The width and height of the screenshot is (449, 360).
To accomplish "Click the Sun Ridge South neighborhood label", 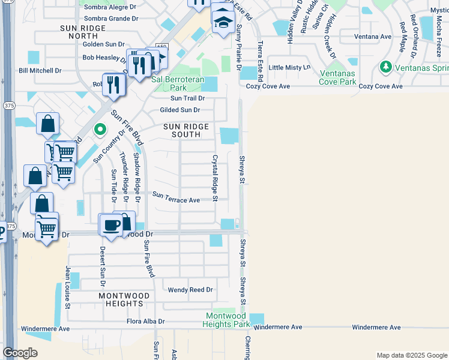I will (186, 131).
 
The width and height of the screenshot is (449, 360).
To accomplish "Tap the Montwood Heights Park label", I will (227, 320).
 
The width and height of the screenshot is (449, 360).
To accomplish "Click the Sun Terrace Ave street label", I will (176, 197).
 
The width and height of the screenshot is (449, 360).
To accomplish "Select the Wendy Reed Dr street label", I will (190, 290).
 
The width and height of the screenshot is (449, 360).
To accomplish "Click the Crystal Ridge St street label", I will (214, 178).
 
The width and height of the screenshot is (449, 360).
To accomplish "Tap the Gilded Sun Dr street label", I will (179, 110).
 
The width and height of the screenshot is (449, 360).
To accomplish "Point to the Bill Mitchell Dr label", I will (40, 71).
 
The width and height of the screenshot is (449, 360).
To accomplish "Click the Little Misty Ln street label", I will (289, 68).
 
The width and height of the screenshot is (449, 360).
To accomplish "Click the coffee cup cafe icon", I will (110, 224).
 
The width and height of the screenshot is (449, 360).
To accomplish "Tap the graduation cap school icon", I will (223, 22).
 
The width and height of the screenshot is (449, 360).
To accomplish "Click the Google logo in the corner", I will (20, 353).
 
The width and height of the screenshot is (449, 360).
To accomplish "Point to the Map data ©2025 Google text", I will (411, 355).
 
